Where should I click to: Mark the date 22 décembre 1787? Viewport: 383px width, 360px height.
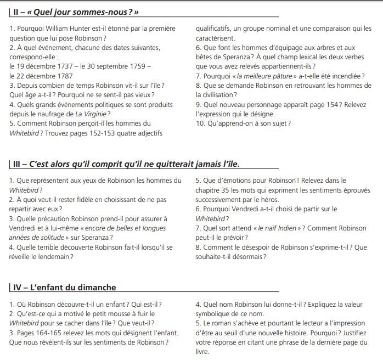point(42,76)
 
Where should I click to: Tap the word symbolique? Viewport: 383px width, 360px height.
point(216,313)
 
